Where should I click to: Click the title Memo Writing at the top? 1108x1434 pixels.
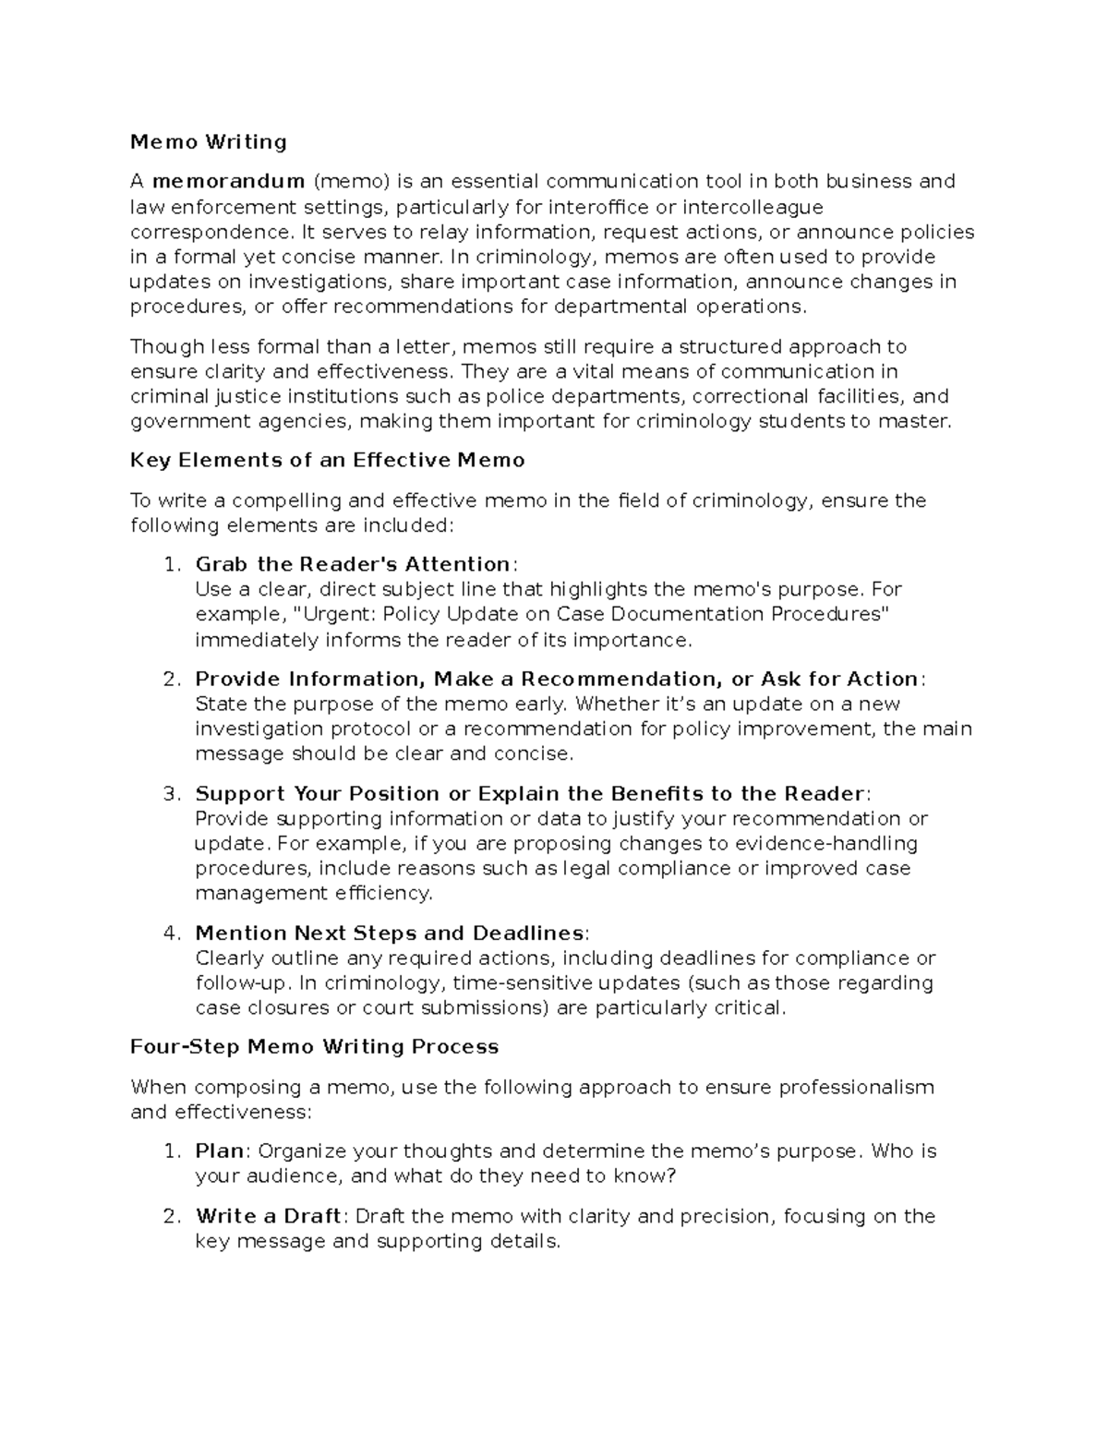208,141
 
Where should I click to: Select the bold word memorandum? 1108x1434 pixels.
228,181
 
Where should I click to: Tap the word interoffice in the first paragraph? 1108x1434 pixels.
599,206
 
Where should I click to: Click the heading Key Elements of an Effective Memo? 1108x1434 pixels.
327,460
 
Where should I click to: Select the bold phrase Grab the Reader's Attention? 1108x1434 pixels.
353,564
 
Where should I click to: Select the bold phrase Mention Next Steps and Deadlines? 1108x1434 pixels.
390,934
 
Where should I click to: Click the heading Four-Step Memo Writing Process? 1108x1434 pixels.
314,1046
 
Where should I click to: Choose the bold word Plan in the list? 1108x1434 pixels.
220,1151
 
